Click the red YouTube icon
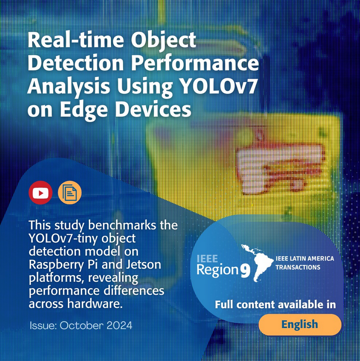(x=40, y=193)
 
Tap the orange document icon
(x=70, y=193)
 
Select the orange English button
(x=300, y=324)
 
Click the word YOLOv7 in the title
(x=218, y=86)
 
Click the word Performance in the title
(x=195, y=63)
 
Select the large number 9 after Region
(x=246, y=270)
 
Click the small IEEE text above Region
(x=207, y=259)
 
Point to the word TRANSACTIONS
(x=298, y=267)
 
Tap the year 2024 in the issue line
(x=119, y=326)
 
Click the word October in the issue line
(x=81, y=326)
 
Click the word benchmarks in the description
(x=122, y=225)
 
